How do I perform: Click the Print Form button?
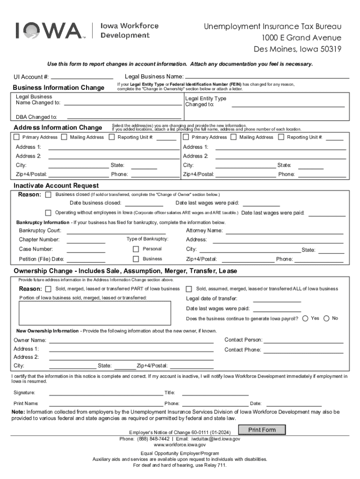click(262, 430)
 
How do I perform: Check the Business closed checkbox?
click(48, 194)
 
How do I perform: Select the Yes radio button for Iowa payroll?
click(305, 319)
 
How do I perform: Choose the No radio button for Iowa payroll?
click(326, 319)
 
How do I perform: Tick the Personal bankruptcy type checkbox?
click(136, 249)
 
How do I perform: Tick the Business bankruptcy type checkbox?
click(136, 259)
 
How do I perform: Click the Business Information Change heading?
click(58, 88)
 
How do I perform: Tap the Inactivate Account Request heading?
click(56, 186)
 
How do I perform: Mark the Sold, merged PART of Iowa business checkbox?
click(48, 289)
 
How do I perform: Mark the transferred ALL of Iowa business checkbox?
click(189, 289)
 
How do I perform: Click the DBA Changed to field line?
click(124, 117)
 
